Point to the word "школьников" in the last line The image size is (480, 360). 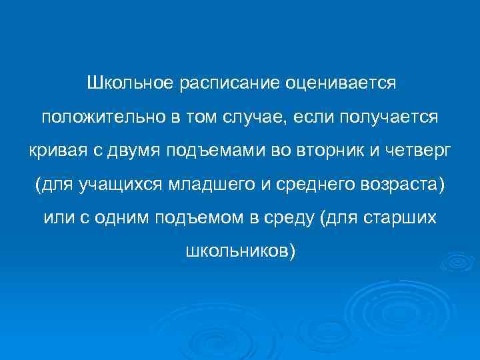pos(236,251)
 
